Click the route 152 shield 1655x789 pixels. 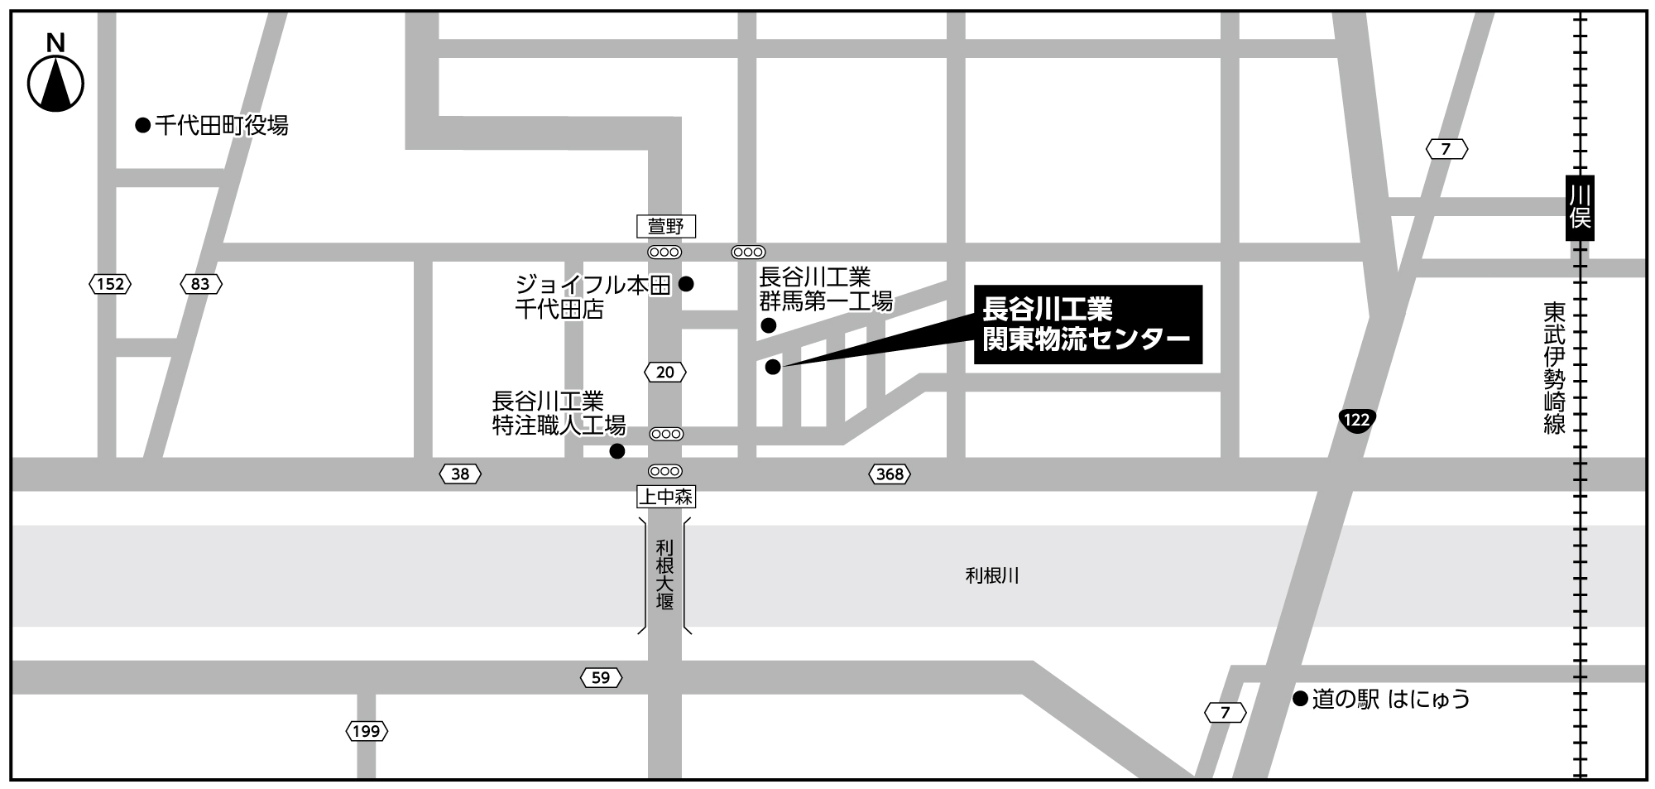pos(110,285)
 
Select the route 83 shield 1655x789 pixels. pos(200,285)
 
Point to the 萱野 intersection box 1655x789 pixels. pos(665,226)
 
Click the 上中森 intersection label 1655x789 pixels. pos(665,497)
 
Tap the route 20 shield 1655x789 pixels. pos(665,373)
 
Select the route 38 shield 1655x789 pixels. pos(460,474)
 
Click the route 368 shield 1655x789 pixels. pos(890,474)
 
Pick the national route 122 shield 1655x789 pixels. pos(1356,420)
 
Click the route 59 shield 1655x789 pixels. pos(601,678)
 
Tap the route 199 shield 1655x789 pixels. pos(367,731)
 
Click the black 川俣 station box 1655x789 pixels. pos(1580,208)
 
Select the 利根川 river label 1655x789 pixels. pos(992,575)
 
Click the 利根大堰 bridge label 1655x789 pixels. pos(665,575)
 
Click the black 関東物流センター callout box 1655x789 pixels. pos(1087,325)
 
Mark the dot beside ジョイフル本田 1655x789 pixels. pos(686,285)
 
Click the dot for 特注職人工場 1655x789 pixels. pos(617,451)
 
